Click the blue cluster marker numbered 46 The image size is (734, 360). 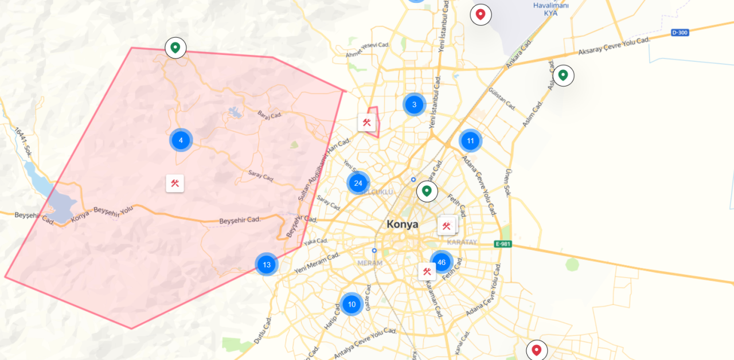441,262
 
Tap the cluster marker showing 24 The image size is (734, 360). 358,183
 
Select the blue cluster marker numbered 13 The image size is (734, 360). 267,264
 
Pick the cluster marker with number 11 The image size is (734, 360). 470,140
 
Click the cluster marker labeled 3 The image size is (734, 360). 414,104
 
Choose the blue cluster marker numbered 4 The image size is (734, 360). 181,140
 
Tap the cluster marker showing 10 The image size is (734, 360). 352,304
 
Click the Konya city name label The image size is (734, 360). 402,224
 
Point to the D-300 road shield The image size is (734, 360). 679,33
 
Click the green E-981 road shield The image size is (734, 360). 502,244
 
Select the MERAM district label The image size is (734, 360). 369,263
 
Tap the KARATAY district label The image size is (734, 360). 462,242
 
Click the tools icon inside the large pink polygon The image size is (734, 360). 175,183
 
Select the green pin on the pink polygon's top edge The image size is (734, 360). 175,48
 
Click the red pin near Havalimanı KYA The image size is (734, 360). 481,14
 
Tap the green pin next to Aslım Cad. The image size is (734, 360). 563,75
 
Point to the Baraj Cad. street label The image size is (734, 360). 270,115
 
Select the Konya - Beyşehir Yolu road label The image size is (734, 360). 102,214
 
